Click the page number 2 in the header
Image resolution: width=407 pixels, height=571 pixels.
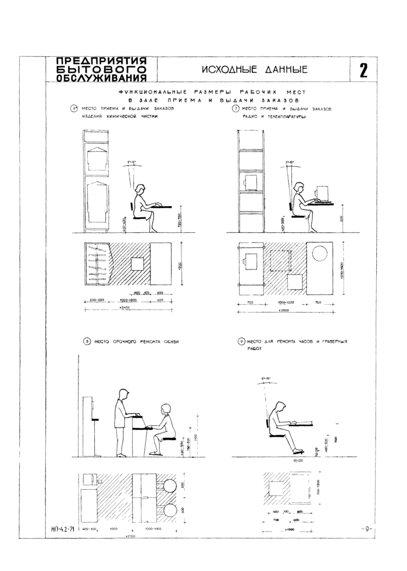pos(363,71)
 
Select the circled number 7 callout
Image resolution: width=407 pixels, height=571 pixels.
pos(235,109)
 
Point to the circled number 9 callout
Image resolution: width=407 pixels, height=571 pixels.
pos(241,342)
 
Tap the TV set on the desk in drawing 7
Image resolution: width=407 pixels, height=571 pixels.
pos(322,193)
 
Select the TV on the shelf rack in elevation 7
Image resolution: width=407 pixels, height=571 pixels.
pos(250,182)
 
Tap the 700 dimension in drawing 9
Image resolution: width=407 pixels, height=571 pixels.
pos(278,519)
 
